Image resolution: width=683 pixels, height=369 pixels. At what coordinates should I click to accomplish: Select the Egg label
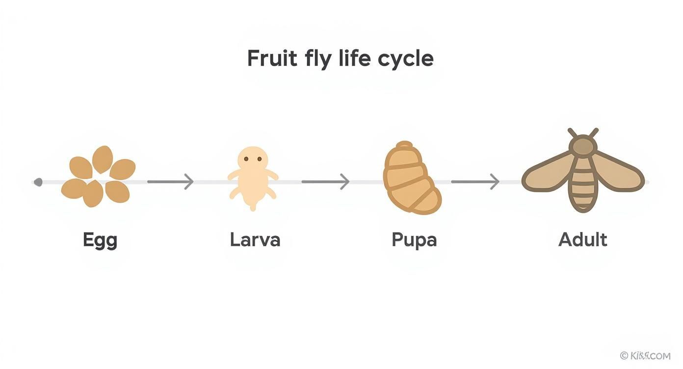pyautogui.click(x=100, y=240)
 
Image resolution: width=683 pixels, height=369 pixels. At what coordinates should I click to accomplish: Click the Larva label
pyautogui.click(x=255, y=239)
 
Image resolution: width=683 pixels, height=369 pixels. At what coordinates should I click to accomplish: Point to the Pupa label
pyautogui.click(x=414, y=240)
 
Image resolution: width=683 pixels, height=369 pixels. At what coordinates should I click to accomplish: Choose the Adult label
pyautogui.click(x=582, y=239)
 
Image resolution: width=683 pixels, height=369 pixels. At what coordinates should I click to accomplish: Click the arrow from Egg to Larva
pyautogui.click(x=170, y=182)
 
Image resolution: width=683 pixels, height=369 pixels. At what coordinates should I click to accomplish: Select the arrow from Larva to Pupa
pyautogui.click(x=325, y=182)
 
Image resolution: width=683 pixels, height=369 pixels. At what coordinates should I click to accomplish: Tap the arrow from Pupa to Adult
pyautogui.click(x=474, y=182)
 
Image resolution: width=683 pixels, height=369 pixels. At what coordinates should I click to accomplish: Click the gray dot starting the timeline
pyautogui.click(x=38, y=183)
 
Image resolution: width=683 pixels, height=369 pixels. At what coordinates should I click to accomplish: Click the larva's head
pyautogui.click(x=253, y=159)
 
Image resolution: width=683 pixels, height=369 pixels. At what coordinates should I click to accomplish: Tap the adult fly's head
pyautogui.click(x=583, y=146)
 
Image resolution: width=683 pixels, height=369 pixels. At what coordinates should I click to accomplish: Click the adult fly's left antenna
pyautogui.click(x=573, y=133)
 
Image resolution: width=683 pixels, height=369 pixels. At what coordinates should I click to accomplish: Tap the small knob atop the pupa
pyautogui.click(x=404, y=145)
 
